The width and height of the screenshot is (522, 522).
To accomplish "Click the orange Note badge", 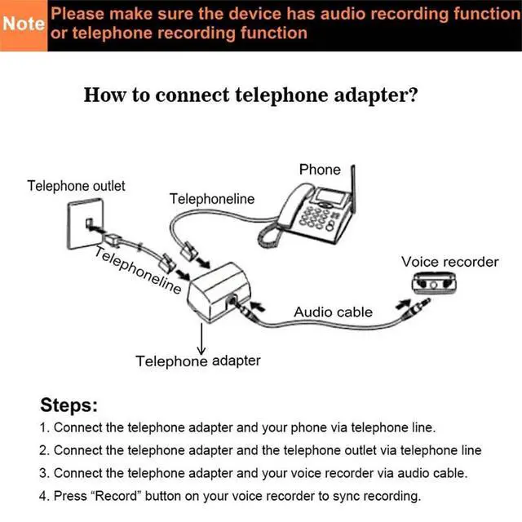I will click(24, 24).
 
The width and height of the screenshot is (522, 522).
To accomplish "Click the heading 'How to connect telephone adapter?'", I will click(251, 95).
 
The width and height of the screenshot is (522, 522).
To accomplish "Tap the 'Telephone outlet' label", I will click(77, 186).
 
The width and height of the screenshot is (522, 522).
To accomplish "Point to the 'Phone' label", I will click(320, 170).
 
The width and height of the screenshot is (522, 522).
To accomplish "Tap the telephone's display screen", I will click(330, 197).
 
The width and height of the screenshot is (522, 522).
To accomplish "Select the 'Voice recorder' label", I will click(449, 262).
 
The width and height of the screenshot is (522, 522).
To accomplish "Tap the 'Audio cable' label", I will click(333, 312).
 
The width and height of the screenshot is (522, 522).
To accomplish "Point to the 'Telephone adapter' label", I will click(198, 361).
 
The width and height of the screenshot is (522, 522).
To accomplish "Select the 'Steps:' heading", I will click(69, 405).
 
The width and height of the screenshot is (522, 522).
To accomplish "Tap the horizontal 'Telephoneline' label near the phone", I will click(212, 199).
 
